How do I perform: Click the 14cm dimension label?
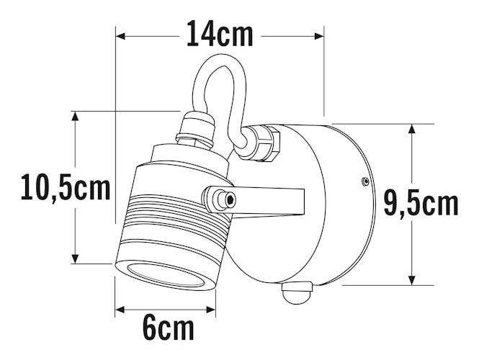point(220,34)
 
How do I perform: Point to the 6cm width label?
point(168,328)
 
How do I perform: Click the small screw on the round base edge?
point(365,182)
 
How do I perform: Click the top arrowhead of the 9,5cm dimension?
point(411,130)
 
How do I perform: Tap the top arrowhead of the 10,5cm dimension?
point(75,117)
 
